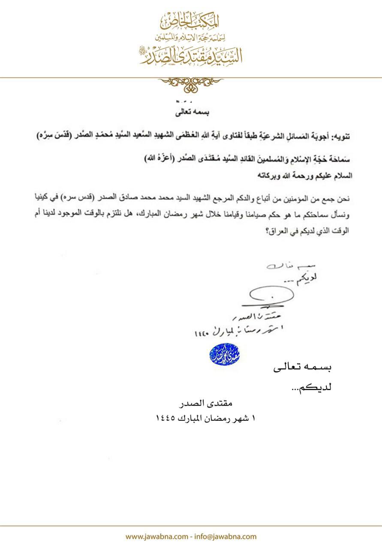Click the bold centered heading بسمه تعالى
point(191,113)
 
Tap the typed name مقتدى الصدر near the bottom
point(206,403)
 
